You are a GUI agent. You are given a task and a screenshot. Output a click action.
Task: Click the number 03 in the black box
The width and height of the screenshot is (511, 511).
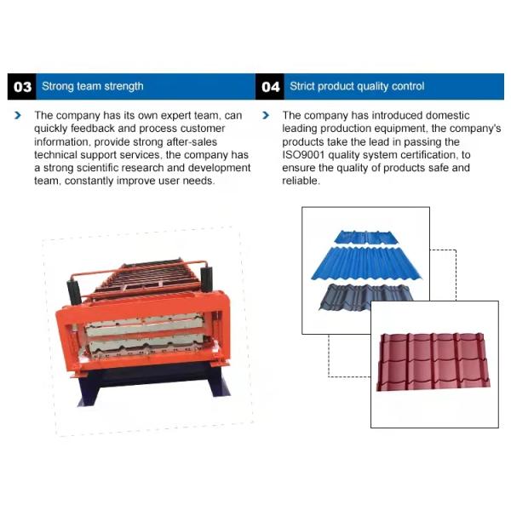pos(22,87)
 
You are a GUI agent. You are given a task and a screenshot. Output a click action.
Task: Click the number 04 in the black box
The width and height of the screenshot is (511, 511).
pos(271,87)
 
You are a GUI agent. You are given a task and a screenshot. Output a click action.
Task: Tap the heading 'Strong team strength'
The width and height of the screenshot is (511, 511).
pos(93,86)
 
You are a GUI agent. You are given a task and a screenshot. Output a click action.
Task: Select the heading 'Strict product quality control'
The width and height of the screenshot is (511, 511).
pos(357,86)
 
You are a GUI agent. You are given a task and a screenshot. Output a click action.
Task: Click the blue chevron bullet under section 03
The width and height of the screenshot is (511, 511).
pos(18,115)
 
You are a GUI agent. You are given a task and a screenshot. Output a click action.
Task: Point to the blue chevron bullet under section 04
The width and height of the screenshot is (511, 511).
pos(266,115)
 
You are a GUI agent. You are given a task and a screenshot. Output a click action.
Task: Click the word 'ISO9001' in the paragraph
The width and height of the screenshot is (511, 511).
pos(303,155)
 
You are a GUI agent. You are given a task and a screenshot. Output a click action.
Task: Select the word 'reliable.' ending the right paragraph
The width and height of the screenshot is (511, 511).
pos(301,181)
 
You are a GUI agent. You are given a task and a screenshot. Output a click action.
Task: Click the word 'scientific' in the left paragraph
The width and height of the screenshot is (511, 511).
pos(97,168)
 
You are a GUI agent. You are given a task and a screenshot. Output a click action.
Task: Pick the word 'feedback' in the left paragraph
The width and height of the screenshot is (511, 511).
pos(93,129)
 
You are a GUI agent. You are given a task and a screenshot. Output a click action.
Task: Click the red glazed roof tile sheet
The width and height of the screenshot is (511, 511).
pos(433,361)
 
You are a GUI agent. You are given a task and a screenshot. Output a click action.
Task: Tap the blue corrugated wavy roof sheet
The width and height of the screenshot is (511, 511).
pos(366,263)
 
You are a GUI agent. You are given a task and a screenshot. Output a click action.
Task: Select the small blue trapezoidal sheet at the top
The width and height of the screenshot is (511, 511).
pos(366,237)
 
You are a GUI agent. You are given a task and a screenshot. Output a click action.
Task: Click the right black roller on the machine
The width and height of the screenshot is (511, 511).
pos(207,279)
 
